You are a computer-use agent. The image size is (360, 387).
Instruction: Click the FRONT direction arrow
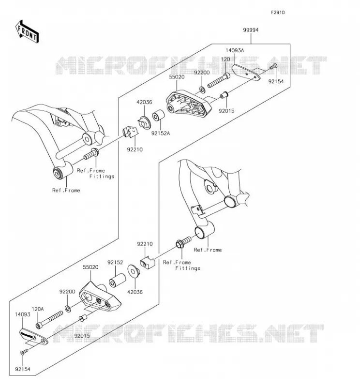click(x=27, y=32)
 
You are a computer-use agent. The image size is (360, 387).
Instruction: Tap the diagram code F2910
click(x=278, y=13)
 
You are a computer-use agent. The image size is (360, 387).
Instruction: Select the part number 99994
click(x=251, y=30)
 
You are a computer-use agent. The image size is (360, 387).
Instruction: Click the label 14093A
click(x=235, y=50)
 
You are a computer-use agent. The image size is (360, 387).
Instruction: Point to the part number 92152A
click(x=161, y=134)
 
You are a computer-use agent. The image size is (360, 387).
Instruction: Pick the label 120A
click(x=38, y=309)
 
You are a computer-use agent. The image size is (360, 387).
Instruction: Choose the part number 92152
click(x=115, y=262)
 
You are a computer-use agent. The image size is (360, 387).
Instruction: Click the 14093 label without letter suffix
click(x=22, y=314)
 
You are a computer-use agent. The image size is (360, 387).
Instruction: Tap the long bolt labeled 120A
click(x=49, y=320)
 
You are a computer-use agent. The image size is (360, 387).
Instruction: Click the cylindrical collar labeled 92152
click(x=117, y=280)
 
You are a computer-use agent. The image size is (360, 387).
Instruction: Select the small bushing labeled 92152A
click(x=158, y=115)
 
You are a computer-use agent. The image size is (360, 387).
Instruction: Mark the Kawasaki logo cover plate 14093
click(x=34, y=336)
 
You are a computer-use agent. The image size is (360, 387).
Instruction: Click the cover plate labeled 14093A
click(x=246, y=72)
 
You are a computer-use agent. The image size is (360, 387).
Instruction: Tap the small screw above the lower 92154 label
click(x=24, y=352)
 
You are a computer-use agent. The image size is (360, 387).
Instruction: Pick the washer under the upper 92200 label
click(x=202, y=90)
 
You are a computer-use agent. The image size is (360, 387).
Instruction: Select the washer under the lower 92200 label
click(x=68, y=309)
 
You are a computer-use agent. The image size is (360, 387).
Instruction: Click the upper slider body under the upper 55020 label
click(x=189, y=104)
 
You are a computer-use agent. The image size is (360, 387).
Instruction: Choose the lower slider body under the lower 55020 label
click(x=100, y=296)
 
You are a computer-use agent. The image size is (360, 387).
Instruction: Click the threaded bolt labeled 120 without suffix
click(x=219, y=80)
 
